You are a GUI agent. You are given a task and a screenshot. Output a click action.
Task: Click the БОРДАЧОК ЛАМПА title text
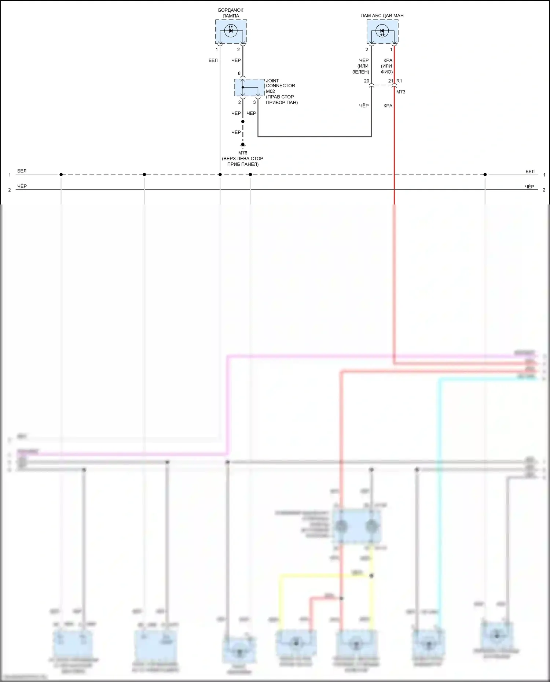pos(231,13)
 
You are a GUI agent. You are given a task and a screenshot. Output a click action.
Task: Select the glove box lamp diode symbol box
pos(231,32)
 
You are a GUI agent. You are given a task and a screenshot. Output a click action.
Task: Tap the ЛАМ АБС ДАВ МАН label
pos(382,16)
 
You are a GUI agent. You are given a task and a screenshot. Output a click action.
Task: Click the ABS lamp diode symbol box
pos(382,32)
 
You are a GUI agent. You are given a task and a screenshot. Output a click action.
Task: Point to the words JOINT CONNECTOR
pos(280,83)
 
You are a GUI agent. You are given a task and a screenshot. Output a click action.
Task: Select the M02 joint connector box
pos(249,88)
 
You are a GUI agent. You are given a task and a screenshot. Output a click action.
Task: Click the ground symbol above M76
pos(243,145)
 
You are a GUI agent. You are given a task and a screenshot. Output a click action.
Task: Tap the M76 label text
pos(243,153)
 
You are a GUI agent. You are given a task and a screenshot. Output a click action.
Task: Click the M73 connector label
pos(401,92)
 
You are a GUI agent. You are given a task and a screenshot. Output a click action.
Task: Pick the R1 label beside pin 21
pos(399,81)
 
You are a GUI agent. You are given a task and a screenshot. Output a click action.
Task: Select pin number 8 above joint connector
pos(239,74)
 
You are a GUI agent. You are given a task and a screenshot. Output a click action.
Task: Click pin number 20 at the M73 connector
pos(367,81)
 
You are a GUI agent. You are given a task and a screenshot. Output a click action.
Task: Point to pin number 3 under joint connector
pos(254,103)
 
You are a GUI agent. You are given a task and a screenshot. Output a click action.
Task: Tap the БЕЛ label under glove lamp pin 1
pos(213,60)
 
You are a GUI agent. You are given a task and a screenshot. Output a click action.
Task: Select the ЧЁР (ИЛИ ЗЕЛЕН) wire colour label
pos(362,66)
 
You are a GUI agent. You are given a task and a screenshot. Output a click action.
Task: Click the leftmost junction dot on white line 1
pos(61,174)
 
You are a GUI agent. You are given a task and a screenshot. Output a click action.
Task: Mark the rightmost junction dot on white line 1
pos(485,174)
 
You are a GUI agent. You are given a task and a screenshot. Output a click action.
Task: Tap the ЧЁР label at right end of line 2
pos(529,187)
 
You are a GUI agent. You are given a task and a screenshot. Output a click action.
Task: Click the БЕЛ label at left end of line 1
pos(22,171)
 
